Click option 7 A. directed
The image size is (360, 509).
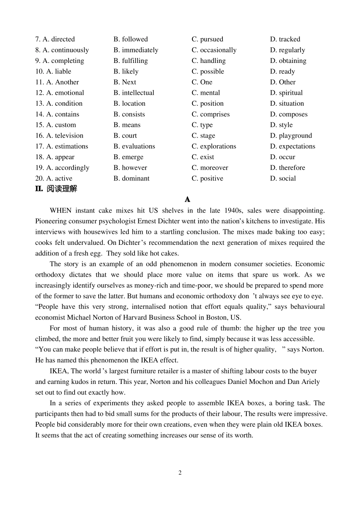point(55,39)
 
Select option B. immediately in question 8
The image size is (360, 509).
point(136,50)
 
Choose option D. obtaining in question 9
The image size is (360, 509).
point(288,61)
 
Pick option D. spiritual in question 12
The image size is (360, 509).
point(286,93)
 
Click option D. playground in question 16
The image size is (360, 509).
point(291,136)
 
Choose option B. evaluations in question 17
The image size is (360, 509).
point(134,146)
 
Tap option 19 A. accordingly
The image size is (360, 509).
point(62,168)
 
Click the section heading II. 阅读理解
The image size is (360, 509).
point(56,189)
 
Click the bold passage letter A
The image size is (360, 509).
point(187,199)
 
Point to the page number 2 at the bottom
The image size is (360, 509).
point(180,473)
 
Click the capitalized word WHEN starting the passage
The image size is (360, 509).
point(60,211)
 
